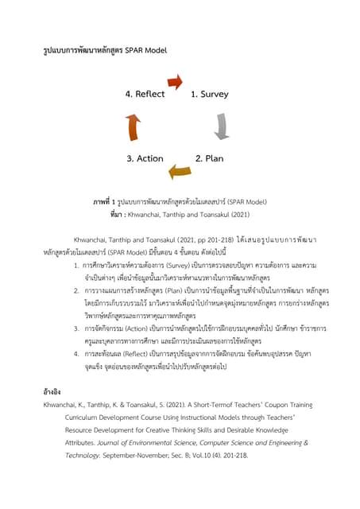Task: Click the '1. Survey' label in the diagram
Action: (x=209, y=94)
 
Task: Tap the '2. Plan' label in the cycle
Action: (x=209, y=158)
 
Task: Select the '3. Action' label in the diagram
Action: (x=145, y=158)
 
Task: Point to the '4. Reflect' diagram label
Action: (x=145, y=94)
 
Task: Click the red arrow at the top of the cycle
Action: (x=175, y=80)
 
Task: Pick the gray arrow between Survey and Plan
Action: (x=222, y=126)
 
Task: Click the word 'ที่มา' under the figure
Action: (x=118, y=214)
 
